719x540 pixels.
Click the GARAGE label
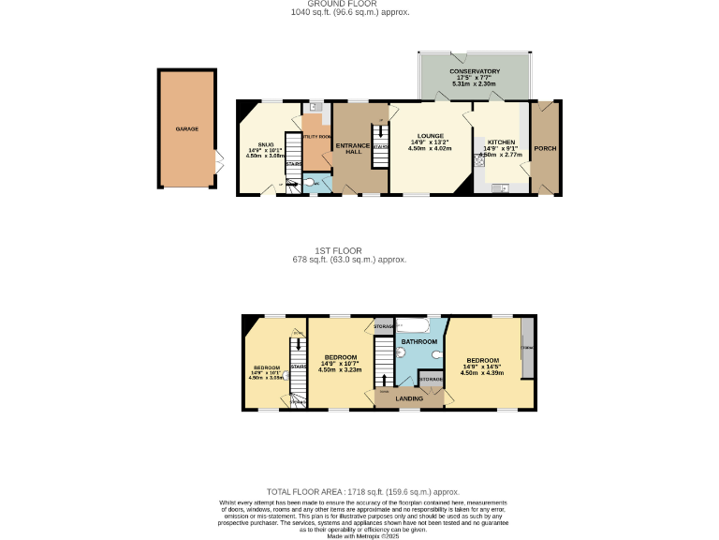tap(187, 128)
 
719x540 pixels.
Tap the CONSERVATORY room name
tap(475, 71)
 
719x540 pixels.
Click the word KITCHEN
tap(501, 142)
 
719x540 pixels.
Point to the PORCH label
tap(545, 149)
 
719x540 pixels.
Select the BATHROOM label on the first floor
tap(419, 342)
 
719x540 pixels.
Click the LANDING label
tap(408, 398)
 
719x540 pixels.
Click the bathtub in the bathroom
tap(413, 326)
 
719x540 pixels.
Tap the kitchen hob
tap(480, 159)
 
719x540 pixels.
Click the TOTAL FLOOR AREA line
tap(363, 491)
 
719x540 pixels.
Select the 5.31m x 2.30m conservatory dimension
tap(475, 84)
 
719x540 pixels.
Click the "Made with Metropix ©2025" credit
tap(363, 535)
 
